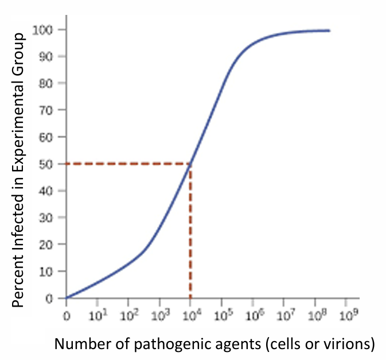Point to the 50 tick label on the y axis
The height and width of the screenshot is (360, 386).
coord(48,164)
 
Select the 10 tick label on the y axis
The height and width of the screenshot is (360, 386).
coord(48,272)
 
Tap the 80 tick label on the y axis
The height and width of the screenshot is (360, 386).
coord(48,83)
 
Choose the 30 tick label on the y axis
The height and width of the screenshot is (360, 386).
coord(48,218)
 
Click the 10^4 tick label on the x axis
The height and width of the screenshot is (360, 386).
coord(190,315)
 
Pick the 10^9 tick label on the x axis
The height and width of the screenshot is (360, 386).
coord(345,315)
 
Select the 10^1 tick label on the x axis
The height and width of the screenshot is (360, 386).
coord(97,315)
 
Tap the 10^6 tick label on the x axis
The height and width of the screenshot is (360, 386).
coord(252,315)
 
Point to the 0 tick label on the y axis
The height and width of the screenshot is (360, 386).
coord(50,299)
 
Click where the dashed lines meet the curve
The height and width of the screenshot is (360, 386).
coord(190,164)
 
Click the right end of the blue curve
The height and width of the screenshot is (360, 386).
coord(330,30)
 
